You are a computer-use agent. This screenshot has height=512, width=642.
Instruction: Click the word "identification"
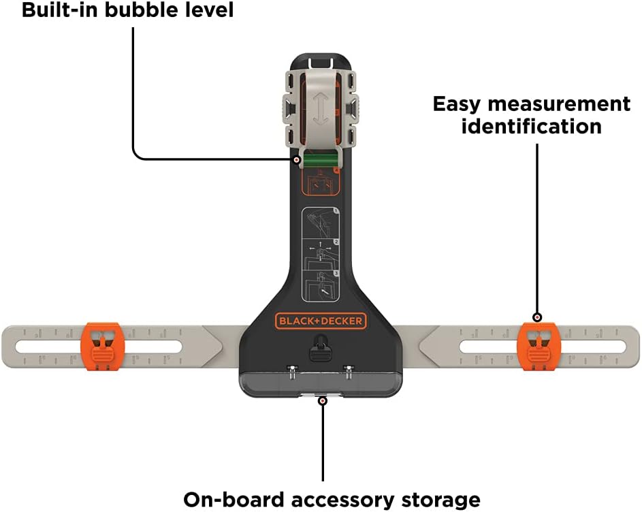click(x=531, y=126)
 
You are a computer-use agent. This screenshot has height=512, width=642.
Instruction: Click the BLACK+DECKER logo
click(x=321, y=321)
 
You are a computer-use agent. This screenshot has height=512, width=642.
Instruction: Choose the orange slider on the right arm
click(x=539, y=346)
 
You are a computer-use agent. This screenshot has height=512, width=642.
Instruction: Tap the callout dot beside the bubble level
click(x=297, y=159)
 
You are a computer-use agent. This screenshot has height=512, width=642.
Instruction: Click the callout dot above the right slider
click(x=537, y=317)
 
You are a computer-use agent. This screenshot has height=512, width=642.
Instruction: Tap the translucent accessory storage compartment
click(x=320, y=381)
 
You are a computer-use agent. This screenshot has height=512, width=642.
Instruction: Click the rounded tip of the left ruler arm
click(x=10, y=345)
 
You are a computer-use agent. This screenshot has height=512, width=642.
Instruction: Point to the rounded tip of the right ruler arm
click(x=632, y=345)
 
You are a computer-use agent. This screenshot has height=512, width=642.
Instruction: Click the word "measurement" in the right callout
click(x=532, y=104)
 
